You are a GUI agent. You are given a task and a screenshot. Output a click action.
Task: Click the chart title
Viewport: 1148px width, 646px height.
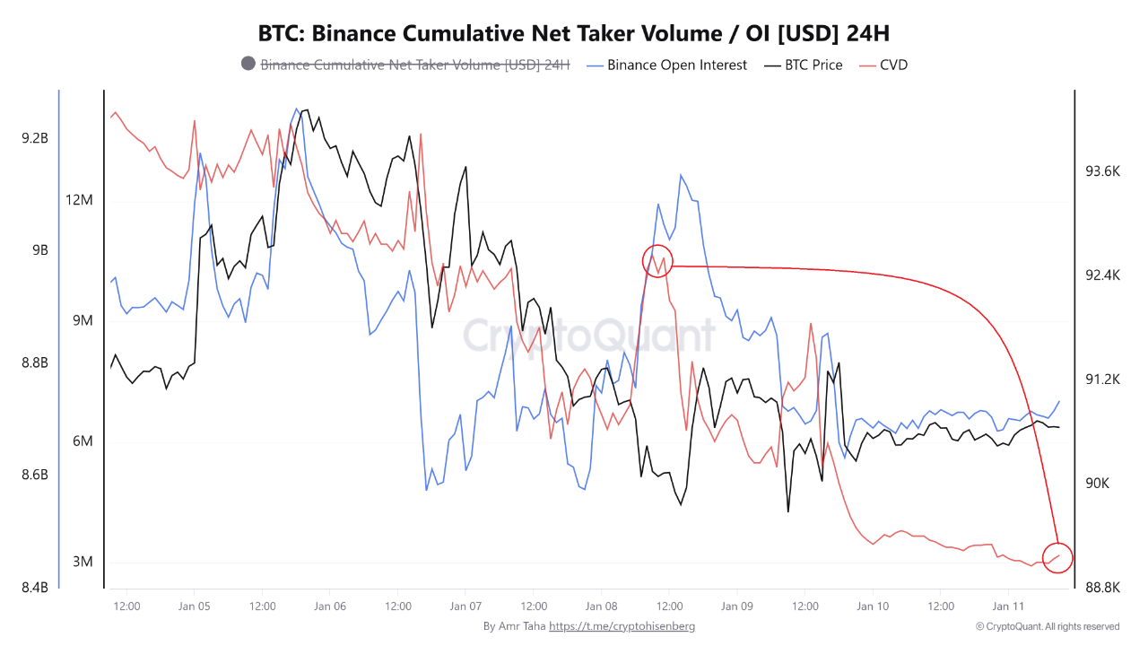(x=574, y=34)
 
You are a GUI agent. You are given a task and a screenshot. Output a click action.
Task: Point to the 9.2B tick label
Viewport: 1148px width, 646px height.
(x=34, y=138)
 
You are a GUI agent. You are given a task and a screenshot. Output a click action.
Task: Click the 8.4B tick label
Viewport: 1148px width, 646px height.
(x=34, y=588)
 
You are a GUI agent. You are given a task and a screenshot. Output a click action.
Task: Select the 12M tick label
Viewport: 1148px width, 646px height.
(x=80, y=199)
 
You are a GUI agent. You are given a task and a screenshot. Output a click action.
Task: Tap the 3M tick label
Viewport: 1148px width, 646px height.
(x=83, y=562)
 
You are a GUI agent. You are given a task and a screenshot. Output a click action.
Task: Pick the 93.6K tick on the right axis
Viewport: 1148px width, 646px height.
(x=1102, y=171)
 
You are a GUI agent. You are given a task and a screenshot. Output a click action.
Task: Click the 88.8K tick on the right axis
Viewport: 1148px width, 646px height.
(x=1102, y=588)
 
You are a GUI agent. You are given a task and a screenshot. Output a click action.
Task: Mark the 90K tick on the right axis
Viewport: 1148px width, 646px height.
(x=1098, y=484)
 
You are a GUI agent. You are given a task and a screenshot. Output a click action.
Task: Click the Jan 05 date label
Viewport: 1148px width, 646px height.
(x=195, y=607)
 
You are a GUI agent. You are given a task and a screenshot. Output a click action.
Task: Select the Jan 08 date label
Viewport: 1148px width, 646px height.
(x=601, y=607)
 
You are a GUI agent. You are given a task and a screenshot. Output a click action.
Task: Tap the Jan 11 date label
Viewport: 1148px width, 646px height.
(x=1008, y=607)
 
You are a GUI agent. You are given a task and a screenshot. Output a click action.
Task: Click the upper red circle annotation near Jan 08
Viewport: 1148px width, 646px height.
(x=657, y=261)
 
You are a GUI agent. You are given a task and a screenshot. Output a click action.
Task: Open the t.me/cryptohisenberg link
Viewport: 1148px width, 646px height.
(x=622, y=626)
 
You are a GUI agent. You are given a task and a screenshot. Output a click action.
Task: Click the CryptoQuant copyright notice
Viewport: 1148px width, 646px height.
(x=1048, y=626)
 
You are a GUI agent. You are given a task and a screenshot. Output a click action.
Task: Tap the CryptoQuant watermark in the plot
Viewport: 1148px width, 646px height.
(x=589, y=336)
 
